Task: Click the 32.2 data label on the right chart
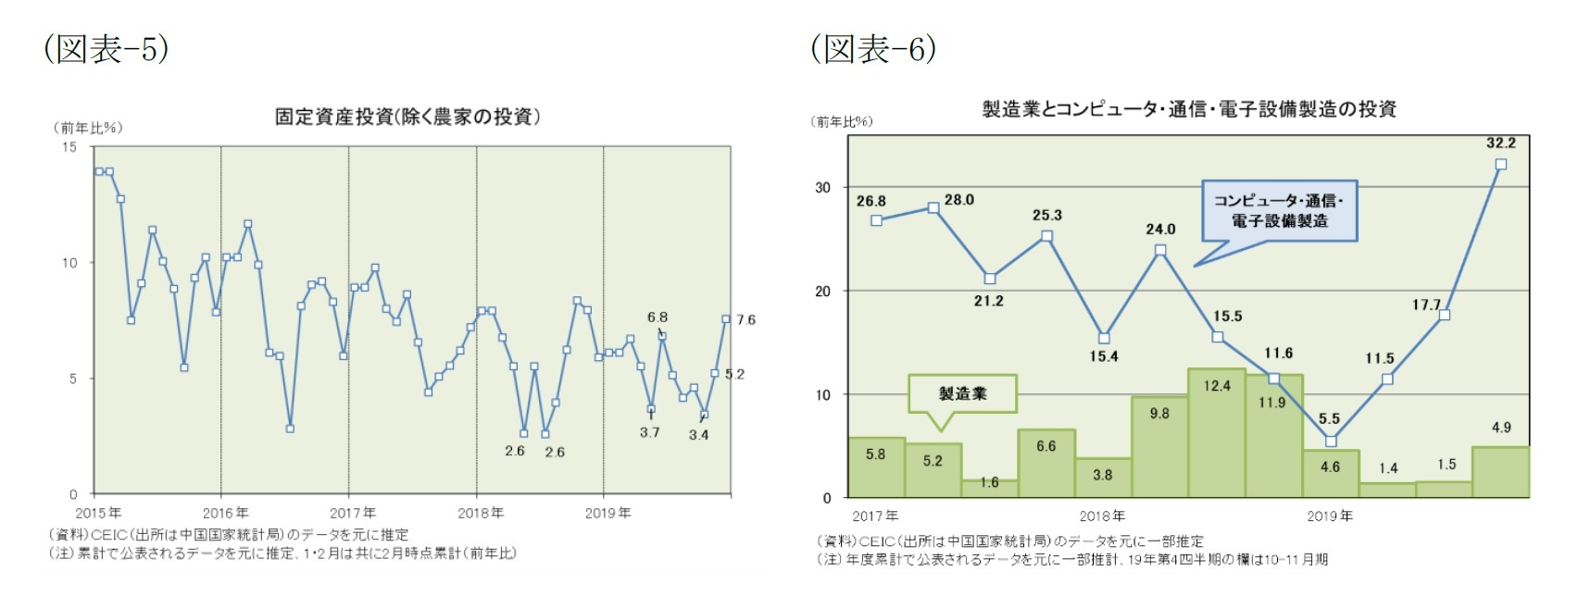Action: pos(1500,143)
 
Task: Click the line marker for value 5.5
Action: pos(1331,442)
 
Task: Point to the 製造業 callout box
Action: pos(963,393)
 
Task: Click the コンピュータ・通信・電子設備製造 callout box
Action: pos(1279,211)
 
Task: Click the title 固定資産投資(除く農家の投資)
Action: pos(407,117)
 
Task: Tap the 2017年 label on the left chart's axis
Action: pos(353,513)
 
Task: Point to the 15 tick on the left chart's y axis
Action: pos(69,147)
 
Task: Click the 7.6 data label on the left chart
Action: pos(745,320)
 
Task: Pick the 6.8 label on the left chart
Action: pos(657,317)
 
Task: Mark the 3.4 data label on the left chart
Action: pos(698,435)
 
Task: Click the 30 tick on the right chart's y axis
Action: pos(822,187)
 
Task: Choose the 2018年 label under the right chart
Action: pos(1101,516)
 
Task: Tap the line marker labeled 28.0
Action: pos(933,208)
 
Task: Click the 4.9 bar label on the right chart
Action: pos(1501,428)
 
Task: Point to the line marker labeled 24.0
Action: pos(1160,251)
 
